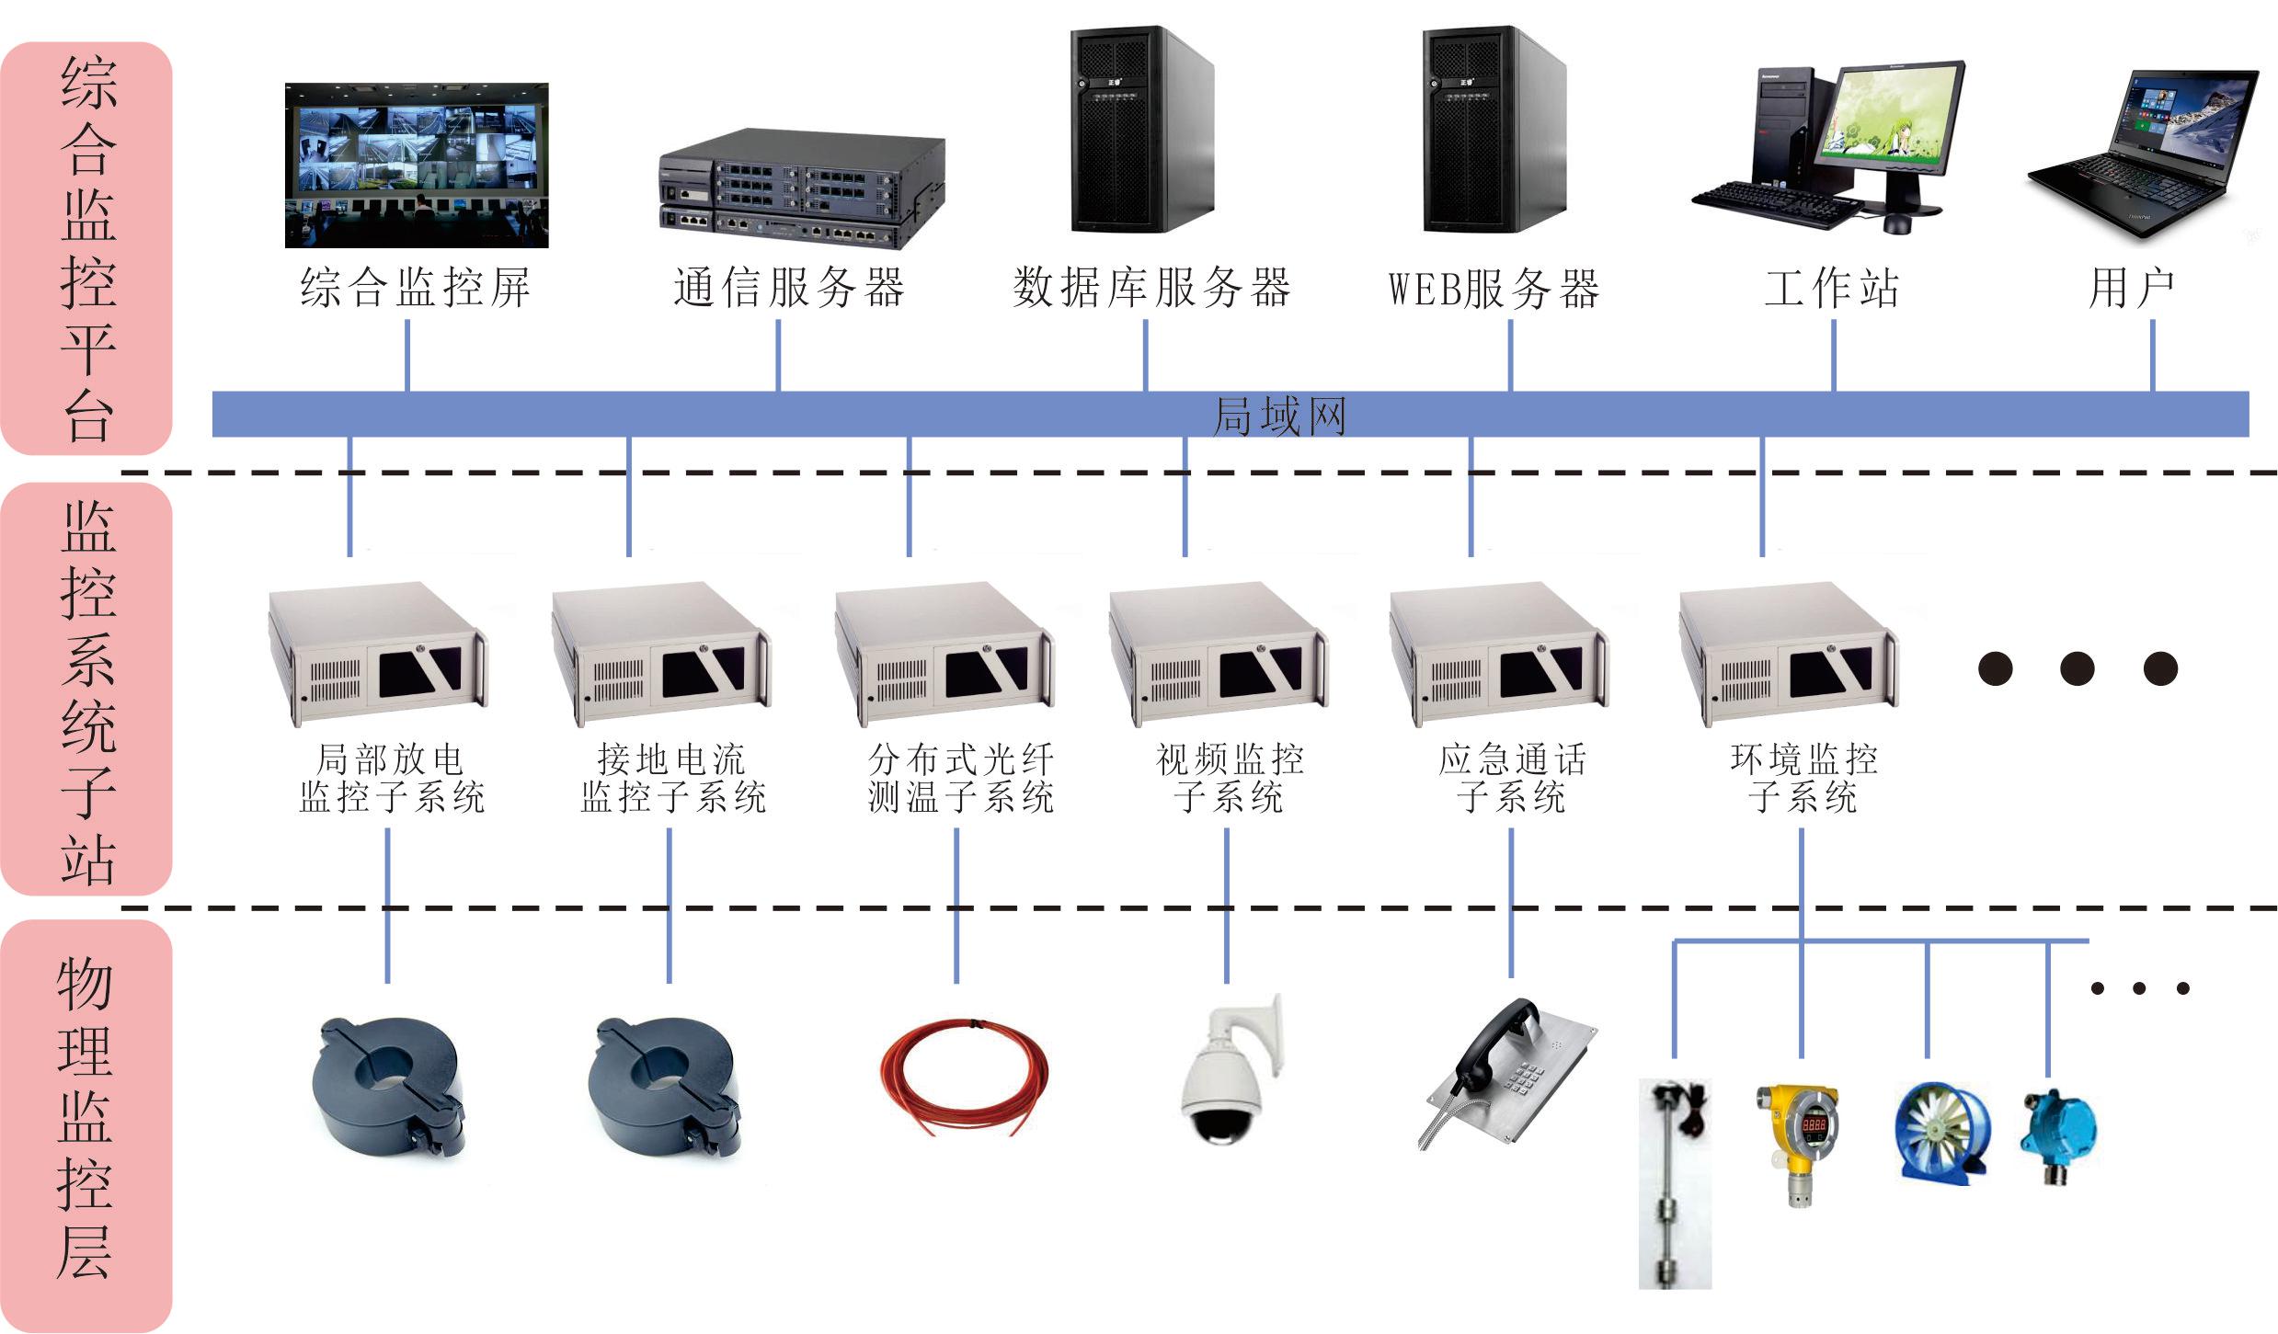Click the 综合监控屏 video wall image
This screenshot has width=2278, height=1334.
pos(417,165)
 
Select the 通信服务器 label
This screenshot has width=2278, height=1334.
pos(789,289)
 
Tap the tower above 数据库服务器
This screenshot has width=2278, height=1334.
pos(1141,130)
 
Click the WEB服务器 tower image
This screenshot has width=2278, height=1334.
pos(1494,130)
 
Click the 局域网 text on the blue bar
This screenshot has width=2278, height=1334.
pos(1279,416)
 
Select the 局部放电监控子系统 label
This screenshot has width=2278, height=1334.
pos(391,779)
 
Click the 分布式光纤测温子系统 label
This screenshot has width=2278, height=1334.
pos(960,779)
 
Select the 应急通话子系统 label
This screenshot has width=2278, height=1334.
pos(1512,779)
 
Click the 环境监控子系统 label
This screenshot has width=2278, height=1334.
pos(1803,779)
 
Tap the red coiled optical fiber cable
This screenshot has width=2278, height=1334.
pos(964,1076)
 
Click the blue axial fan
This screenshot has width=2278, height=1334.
pos(1940,1134)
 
